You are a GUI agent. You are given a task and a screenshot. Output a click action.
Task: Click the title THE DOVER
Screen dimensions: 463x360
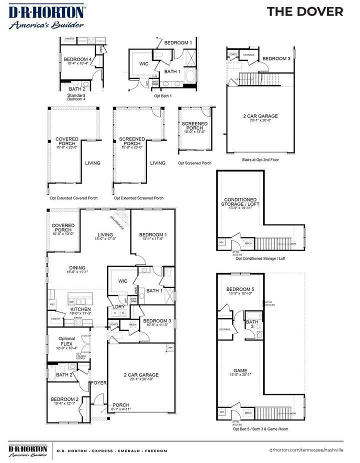pyautogui.click(x=304, y=12)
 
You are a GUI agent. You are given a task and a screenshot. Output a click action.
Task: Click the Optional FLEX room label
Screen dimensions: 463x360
pyautogui.click(x=66, y=340)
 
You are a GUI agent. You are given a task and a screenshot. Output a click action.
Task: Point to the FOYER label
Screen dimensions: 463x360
pyautogui.click(x=98, y=383)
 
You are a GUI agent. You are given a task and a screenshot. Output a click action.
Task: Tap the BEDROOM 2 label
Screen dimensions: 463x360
pyautogui.click(x=64, y=398)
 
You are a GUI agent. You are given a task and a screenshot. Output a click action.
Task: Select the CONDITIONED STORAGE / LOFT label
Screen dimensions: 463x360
pyautogui.click(x=240, y=202)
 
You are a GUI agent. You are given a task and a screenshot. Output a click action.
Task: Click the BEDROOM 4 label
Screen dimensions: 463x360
pyautogui.click(x=76, y=59)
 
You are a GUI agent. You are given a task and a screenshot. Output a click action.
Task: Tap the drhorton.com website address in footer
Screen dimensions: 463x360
pyautogui.click(x=306, y=450)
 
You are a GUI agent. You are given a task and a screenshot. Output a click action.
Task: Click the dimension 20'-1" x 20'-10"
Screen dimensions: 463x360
pyautogui.click(x=141, y=379)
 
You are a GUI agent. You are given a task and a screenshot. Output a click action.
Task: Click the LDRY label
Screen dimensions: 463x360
pyautogui.click(x=118, y=306)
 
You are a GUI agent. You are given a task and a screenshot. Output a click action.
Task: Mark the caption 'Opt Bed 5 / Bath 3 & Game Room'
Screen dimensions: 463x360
pyautogui.click(x=260, y=429)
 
